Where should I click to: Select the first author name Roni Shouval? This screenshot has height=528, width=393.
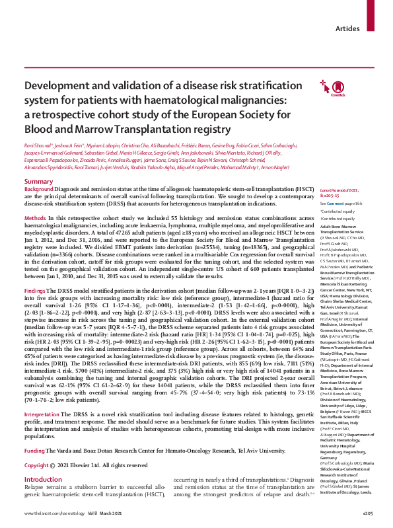tap(39, 143)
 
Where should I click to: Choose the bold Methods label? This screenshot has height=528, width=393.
tap(35, 217)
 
